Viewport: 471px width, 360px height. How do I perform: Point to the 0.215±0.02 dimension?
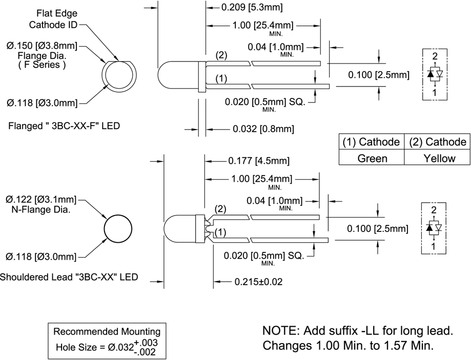pos(258,281)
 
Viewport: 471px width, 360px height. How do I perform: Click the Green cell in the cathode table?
pos(372,158)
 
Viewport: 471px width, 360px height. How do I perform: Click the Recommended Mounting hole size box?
pos(107,340)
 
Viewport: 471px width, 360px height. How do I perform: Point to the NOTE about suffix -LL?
pos(357,337)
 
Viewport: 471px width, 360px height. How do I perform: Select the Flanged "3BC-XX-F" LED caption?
pos(64,125)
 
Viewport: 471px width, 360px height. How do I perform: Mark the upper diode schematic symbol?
pos(435,74)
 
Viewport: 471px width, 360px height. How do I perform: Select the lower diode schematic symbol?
pos(435,227)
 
